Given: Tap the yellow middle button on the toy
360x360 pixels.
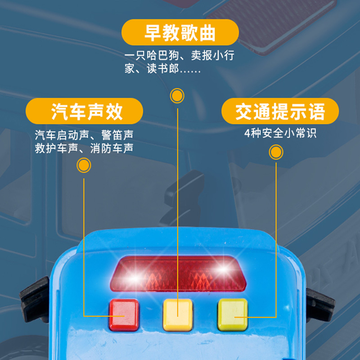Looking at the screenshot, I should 178,314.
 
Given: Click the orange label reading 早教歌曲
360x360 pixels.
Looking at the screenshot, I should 180,33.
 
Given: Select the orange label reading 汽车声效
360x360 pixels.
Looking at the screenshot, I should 84,111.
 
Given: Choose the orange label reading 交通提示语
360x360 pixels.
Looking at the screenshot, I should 280,111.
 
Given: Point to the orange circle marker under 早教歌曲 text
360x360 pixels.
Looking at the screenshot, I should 177,95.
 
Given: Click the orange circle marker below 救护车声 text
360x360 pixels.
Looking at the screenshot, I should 84,165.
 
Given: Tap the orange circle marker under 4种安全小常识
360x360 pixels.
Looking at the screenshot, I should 276,153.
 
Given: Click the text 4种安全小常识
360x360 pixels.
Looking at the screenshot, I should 280,134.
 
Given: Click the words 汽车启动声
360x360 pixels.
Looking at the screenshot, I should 63,135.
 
